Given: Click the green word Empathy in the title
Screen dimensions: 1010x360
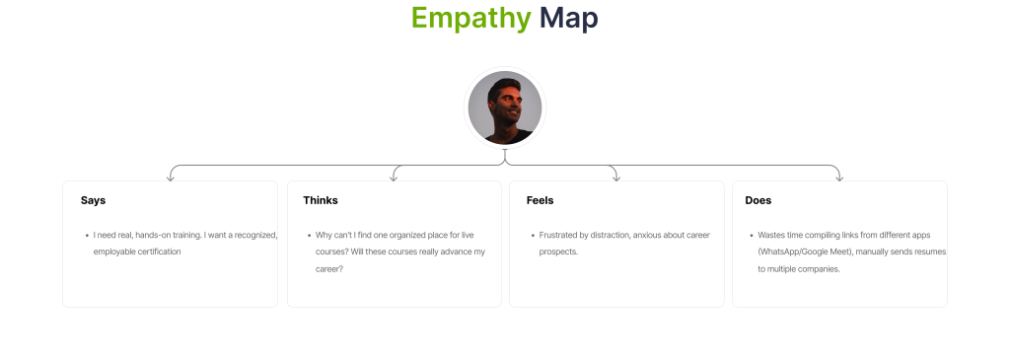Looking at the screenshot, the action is [470, 19].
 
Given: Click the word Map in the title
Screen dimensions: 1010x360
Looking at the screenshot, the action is [569, 18].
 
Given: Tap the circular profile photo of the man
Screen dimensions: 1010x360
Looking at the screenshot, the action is [505, 108].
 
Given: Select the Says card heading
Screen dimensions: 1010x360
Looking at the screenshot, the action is [93, 200].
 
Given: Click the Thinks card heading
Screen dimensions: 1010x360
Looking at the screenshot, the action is [321, 200].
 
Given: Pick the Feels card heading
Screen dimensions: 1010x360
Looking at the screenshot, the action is [540, 200].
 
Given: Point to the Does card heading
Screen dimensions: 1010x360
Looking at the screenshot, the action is [758, 200].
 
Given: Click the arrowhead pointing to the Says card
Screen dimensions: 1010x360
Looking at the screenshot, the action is [170, 178].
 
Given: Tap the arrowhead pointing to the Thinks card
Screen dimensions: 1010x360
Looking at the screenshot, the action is [394, 178].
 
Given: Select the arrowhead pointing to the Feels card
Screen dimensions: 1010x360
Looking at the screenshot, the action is [616, 178].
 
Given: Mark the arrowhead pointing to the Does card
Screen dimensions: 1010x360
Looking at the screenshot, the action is [838, 178].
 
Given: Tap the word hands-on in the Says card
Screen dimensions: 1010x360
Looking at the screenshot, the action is [151, 235].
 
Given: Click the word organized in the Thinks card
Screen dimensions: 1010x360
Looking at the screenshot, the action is [401, 235].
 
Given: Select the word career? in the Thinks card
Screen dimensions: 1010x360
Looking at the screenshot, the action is [329, 269].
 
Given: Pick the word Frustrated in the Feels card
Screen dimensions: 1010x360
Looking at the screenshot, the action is [559, 235].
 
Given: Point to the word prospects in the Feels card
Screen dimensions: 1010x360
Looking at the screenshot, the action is [558, 252].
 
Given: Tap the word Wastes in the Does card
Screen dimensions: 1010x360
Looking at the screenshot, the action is [770, 235].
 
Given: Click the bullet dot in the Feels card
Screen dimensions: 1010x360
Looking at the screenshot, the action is [533, 236].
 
